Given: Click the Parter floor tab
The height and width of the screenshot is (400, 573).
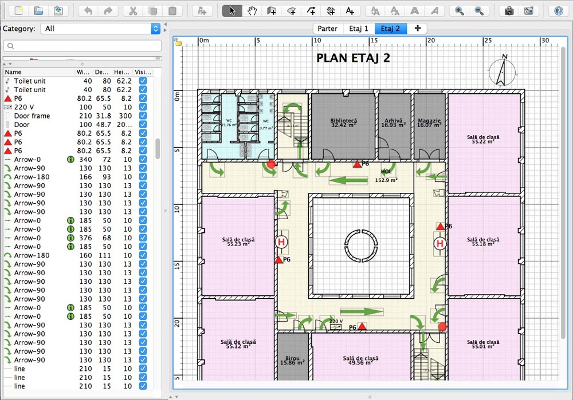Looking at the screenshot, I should pyautogui.click(x=328, y=29).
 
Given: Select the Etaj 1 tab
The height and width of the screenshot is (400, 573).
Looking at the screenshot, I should pyautogui.click(x=359, y=29).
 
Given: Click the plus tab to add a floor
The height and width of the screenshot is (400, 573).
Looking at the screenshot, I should pyautogui.click(x=417, y=29).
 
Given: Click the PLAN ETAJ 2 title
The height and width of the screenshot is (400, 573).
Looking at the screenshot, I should pyautogui.click(x=353, y=58).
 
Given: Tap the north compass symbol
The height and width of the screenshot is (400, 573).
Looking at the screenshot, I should pyautogui.click(x=502, y=72).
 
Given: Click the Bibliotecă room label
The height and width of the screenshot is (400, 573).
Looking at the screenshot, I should pyautogui.click(x=343, y=123).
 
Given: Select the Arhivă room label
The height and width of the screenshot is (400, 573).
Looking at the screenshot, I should pyautogui.click(x=394, y=123).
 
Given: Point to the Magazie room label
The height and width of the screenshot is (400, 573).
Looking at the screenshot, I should pyautogui.click(x=429, y=123).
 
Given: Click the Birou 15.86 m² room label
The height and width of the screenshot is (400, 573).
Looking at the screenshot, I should pyautogui.click(x=293, y=360).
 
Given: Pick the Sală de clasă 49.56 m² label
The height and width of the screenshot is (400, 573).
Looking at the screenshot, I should pyautogui.click(x=361, y=360).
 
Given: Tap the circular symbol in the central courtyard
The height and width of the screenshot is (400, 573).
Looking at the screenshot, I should pyautogui.click(x=360, y=245).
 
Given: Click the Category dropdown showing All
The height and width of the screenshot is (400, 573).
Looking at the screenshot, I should pyautogui.click(x=100, y=29).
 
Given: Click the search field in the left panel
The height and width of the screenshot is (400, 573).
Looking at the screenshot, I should pyautogui.click(x=83, y=46).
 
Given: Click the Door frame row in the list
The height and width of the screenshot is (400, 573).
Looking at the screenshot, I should pyautogui.click(x=32, y=116).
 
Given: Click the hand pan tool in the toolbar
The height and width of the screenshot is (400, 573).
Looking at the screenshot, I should pyautogui.click(x=252, y=11).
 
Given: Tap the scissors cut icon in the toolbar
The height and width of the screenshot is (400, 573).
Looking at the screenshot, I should pyautogui.click(x=133, y=11).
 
